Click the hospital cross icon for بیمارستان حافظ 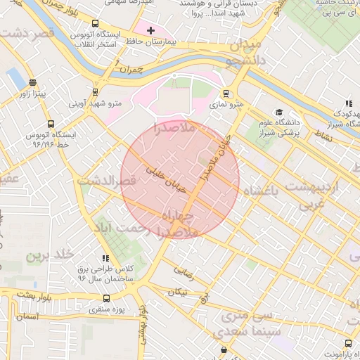click(x=150, y=30)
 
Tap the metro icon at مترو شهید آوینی click(x=95, y=91)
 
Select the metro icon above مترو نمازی click(x=226, y=93)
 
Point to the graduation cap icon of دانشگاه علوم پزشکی click(x=279, y=112)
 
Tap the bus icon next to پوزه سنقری click(x=106, y=298)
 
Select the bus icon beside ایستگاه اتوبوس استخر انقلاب click(x=76, y=34)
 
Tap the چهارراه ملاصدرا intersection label click(x=181, y=222)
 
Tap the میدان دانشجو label click(x=243, y=53)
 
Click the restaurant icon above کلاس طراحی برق click(x=106, y=259)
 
